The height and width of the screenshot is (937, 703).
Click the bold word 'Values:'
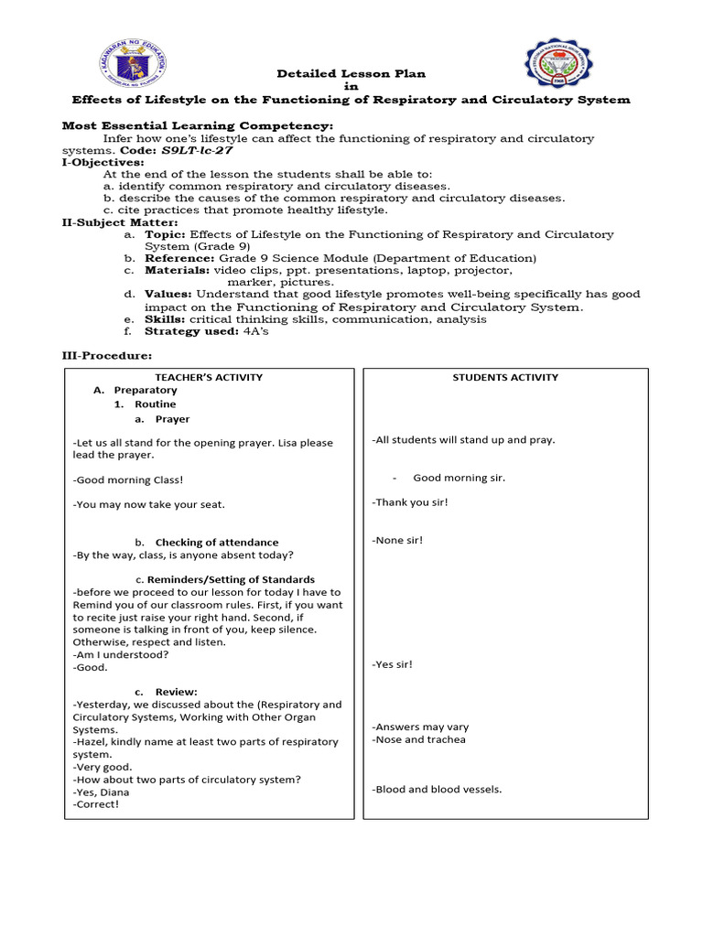[168, 295]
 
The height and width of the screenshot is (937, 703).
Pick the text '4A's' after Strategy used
[254, 331]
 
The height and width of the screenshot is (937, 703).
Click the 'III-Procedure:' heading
[107, 356]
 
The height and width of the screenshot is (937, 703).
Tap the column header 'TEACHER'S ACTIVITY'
[209, 377]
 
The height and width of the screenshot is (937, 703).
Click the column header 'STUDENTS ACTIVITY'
[505, 377]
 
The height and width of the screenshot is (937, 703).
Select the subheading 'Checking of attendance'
[217, 543]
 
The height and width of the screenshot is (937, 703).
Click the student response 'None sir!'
[397, 541]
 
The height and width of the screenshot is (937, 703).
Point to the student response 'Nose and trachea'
[418, 739]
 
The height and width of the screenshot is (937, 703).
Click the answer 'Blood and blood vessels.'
[437, 789]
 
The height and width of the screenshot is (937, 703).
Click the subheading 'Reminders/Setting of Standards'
[232, 579]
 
